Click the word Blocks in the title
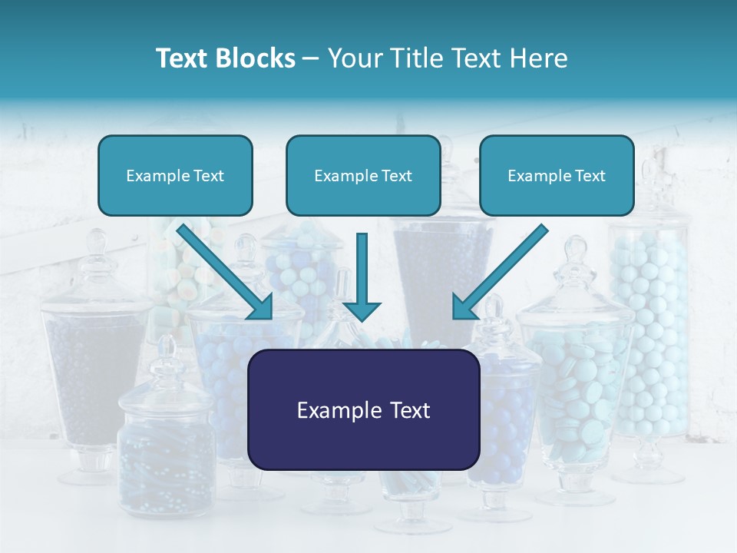[257, 58]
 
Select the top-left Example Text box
[175, 175]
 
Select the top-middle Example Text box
[363, 175]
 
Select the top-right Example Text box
[557, 175]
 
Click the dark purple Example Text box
[363, 409]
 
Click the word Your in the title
[352, 58]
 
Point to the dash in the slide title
[311, 59]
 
